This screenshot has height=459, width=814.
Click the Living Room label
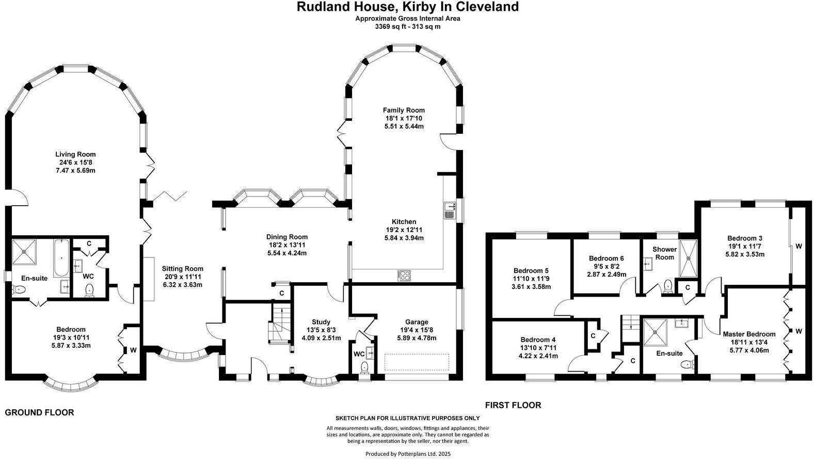tap(75, 155)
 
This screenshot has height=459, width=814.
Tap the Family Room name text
tap(404, 110)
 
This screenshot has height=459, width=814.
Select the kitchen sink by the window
tap(450, 210)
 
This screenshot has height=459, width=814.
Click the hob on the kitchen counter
tap(404, 275)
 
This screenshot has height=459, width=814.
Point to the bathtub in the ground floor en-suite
tap(61, 258)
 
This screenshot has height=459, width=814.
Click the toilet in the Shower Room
tap(668, 286)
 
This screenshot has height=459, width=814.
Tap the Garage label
tap(417, 322)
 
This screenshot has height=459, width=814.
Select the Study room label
tap(321, 322)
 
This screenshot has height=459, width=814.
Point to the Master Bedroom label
tap(749, 334)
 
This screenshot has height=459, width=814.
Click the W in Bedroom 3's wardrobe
tap(799, 246)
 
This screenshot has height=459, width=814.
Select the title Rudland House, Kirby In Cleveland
tap(408, 7)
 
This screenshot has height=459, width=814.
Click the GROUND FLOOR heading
tap(39, 412)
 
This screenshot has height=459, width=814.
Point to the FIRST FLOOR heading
tap(513, 405)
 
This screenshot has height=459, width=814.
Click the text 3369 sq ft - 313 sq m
tap(408, 26)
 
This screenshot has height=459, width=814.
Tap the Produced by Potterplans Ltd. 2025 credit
tap(408, 454)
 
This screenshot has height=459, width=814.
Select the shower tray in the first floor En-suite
tap(655, 332)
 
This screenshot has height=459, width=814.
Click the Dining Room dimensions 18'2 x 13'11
tap(286, 245)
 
